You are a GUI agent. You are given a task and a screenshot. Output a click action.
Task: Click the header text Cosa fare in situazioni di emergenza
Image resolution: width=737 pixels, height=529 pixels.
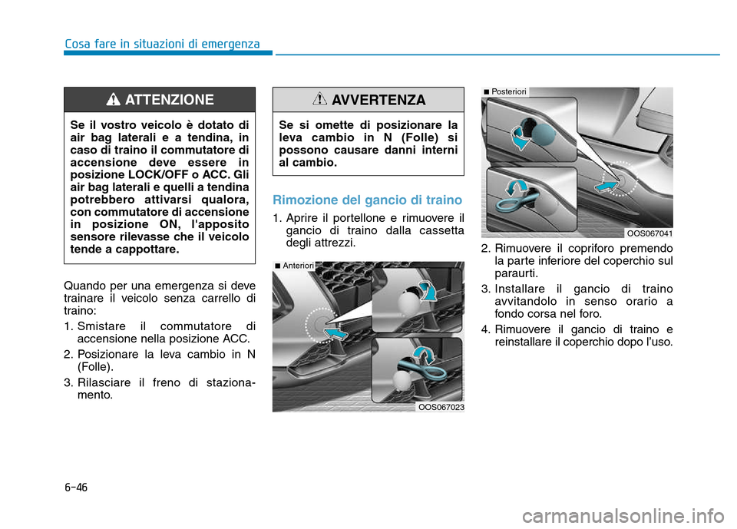(x=162, y=43)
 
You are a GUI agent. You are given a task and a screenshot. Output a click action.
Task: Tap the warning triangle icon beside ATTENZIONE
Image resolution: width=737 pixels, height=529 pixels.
(x=114, y=100)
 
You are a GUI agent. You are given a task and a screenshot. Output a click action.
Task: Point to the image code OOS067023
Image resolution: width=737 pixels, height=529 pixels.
(x=441, y=407)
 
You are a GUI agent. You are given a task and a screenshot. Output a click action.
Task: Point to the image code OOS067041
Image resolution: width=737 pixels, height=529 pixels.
(x=649, y=233)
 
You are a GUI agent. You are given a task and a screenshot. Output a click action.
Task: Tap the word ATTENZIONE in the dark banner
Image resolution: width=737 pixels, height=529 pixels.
(x=169, y=100)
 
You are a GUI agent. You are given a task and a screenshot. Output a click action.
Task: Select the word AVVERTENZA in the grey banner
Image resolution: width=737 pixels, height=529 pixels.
(x=378, y=101)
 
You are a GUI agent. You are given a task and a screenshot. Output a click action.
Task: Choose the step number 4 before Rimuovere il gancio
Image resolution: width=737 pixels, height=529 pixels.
(x=484, y=330)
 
